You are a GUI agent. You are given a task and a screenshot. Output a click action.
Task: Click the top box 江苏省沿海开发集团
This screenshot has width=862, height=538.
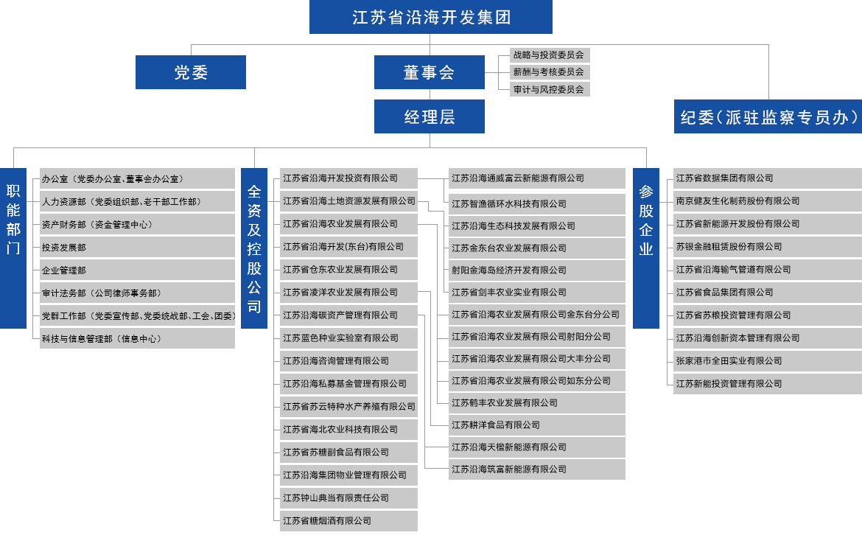tap(431, 18)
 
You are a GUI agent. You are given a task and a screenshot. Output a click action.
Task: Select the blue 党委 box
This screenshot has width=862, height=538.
tap(191, 72)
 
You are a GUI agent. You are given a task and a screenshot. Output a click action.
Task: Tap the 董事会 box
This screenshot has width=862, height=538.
tap(429, 72)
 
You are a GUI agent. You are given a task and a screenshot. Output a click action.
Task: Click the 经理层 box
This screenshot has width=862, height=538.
tap(429, 117)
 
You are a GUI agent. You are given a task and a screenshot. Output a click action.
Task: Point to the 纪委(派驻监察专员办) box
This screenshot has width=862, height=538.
tap(768, 117)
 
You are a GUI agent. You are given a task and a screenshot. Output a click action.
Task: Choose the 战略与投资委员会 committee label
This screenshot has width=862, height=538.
tap(549, 55)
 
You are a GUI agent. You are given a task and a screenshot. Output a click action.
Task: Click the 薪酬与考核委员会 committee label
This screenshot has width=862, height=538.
tap(549, 72)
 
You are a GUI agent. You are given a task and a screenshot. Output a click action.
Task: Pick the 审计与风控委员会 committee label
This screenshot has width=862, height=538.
tap(549, 89)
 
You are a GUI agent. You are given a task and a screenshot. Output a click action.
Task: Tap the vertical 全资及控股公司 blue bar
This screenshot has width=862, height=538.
tap(254, 248)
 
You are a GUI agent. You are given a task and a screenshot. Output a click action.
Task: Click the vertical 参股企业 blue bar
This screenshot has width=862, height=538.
tap(645, 248)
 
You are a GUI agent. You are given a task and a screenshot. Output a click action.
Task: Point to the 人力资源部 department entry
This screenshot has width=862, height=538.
tap(121, 201)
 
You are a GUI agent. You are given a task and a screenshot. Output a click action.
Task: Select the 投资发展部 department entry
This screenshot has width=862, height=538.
tap(65, 248)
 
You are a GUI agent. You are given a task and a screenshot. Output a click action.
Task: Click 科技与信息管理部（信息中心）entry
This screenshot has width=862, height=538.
tap(102, 339)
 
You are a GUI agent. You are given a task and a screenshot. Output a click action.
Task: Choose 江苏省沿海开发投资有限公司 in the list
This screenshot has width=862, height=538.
tap(340, 178)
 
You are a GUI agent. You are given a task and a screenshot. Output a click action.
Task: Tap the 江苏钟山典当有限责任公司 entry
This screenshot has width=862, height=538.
tap(336, 498)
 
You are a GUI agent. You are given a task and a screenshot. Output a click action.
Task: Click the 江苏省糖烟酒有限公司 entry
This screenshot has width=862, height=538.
tap(327, 521)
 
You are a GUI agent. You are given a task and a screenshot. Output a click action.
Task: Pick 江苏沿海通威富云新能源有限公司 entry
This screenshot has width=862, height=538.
tap(518, 178)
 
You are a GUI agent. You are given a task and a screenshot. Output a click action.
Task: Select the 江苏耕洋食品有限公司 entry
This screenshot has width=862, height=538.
tap(496, 425)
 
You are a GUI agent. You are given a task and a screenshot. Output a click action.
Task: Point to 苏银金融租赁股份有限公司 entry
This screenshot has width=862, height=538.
tap(729, 247)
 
